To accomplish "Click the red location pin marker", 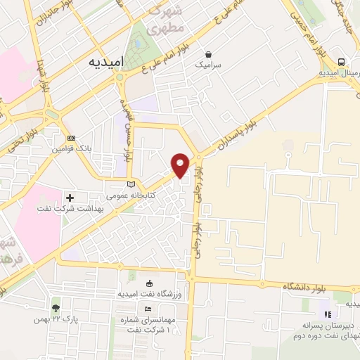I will coord(181,165).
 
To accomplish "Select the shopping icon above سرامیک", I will coord(208,53).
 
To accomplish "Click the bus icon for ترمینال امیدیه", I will coord(340,62).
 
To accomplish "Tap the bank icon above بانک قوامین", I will coord(70,138).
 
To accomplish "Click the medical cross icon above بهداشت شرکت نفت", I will coord(70,198).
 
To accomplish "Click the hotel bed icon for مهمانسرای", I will coord(148,309).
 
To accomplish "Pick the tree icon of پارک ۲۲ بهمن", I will coord(55,308).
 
